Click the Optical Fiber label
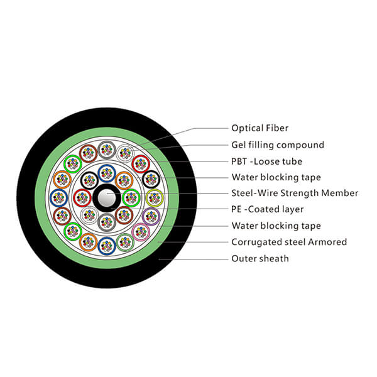[x=260, y=128]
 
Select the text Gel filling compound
[x=278, y=145]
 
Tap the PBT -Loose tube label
[x=266, y=161]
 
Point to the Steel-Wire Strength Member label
[x=295, y=193]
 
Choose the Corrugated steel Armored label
[x=289, y=242]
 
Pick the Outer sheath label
[x=260, y=258]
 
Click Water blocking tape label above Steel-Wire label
[x=276, y=177]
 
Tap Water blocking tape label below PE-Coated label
[x=276, y=226]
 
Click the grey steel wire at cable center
[x=107, y=199]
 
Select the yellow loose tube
[x=154, y=198]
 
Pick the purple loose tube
[x=151, y=216]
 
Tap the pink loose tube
[x=141, y=232]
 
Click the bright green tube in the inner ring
[x=131, y=198]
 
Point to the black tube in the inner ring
[x=89, y=181]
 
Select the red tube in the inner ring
[x=82, y=198]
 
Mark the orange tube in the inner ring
[x=124, y=181]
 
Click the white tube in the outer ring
[x=126, y=152]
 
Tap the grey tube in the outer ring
[x=107, y=149]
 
